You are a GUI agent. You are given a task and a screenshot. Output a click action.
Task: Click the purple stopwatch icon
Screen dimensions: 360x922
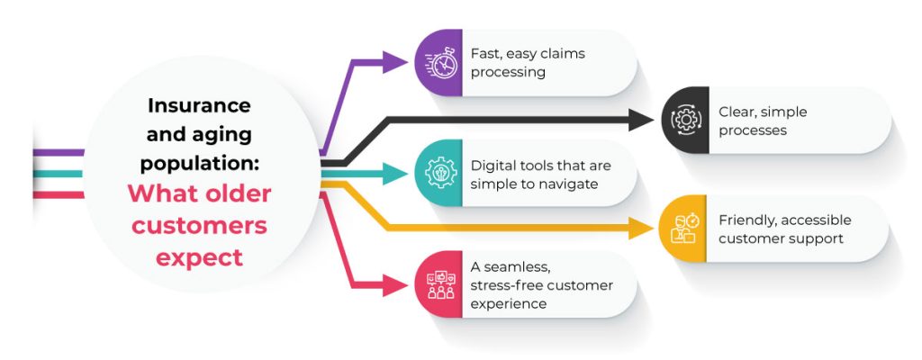[x=439, y=63]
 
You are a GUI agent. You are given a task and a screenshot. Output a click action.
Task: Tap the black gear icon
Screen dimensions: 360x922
[x=686, y=121]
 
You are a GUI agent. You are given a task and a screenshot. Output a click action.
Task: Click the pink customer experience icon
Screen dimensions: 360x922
[x=439, y=284]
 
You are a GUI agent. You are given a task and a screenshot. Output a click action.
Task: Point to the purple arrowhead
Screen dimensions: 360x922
[x=397, y=62]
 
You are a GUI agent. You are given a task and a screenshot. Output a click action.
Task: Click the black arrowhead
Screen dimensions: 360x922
[x=643, y=120]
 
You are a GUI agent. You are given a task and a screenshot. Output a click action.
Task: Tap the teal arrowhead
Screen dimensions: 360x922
[x=397, y=173]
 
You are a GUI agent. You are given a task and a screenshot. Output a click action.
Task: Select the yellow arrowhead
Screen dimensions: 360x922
[x=642, y=229]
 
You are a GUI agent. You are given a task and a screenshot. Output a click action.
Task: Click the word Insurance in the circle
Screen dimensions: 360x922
[x=199, y=105]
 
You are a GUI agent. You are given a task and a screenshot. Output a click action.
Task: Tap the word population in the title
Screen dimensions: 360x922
[x=199, y=165]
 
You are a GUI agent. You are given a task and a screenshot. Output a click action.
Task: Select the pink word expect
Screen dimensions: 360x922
[x=199, y=257]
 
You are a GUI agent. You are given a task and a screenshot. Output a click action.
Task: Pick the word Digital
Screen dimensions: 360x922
[x=492, y=166]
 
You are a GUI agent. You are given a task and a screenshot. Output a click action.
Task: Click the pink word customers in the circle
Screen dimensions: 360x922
[x=199, y=225]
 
